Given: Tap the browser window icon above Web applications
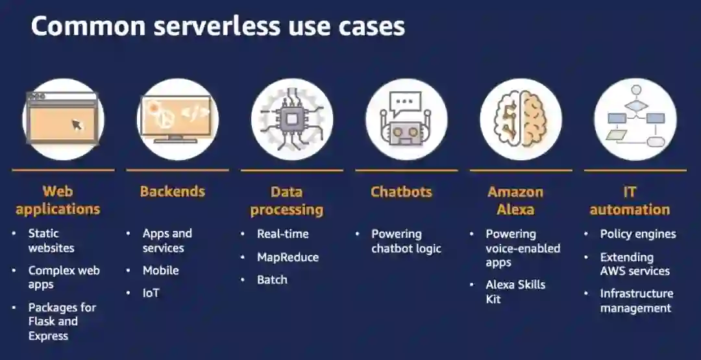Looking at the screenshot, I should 63,119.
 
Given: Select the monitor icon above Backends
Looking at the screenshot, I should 177,119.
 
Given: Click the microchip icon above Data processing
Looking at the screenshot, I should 292,119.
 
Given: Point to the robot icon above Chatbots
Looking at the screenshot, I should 406,119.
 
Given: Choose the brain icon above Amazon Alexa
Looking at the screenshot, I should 521,119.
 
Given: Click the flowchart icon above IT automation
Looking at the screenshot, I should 635,119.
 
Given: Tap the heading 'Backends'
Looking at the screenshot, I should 172,191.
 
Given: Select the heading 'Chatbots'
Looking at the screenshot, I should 401,191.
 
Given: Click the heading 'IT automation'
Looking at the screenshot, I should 630,200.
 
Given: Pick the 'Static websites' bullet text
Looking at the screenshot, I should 51,241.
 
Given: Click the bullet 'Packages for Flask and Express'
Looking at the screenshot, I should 62,321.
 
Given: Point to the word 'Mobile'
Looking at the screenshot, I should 161,270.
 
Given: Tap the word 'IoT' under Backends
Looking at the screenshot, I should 151,293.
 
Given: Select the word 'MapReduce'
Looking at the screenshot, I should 288,257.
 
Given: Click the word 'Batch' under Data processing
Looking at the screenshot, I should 272,280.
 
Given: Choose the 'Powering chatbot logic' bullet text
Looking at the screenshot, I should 406,241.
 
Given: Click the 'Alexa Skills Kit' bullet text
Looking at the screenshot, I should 515,292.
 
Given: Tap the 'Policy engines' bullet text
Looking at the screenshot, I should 638,234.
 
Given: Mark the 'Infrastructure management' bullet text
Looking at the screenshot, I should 637,301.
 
